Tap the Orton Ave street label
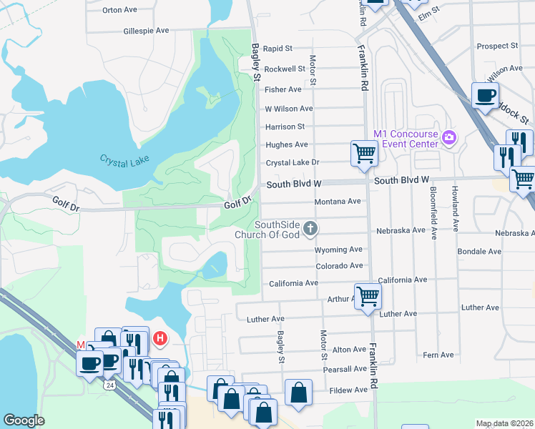coord(119,10)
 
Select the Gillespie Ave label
coord(146,31)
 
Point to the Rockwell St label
coord(285,69)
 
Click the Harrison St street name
coord(285,127)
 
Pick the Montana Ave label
coord(338,202)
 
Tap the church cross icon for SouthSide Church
coord(310,229)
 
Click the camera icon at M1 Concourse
coord(449,137)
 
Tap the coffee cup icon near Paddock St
coord(485,96)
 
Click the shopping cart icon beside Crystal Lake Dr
coord(364,154)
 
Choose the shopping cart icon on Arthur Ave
coord(368,295)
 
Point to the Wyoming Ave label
coord(339,250)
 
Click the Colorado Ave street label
coord(340,266)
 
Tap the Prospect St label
coord(497,46)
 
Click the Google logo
coord(24,420)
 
